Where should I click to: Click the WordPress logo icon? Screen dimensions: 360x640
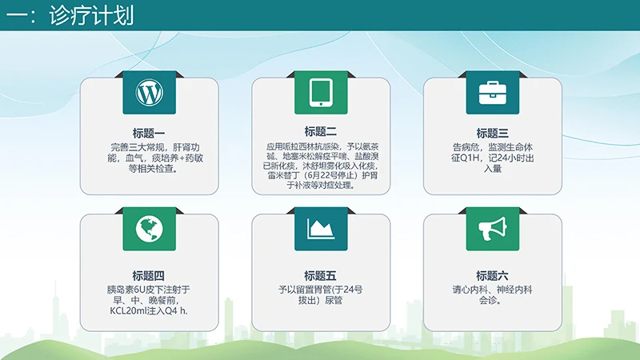click(x=149, y=94)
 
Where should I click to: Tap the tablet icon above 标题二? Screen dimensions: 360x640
click(x=321, y=94)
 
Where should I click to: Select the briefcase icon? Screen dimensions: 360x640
click(x=492, y=94)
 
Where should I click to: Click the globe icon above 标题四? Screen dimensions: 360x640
click(x=149, y=229)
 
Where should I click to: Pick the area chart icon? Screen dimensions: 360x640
click(x=321, y=229)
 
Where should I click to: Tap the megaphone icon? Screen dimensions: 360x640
click(x=492, y=229)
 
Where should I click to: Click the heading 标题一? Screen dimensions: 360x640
click(x=149, y=133)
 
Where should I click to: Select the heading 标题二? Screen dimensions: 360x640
click(x=321, y=131)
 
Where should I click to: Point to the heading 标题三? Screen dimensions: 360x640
click(x=492, y=133)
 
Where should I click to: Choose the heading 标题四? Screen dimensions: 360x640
click(x=149, y=275)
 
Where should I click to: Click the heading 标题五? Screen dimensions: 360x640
click(x=321, y=275)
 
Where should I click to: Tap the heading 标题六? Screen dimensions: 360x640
click(x=492, y=275)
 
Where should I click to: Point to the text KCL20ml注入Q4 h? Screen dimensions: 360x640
click(x=149, y=311)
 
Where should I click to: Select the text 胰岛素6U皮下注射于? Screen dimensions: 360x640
click(x=149, y=289)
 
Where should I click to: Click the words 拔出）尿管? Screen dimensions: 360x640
click(x=321, y=301)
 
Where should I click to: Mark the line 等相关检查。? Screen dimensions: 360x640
click(x=149, y=170)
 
